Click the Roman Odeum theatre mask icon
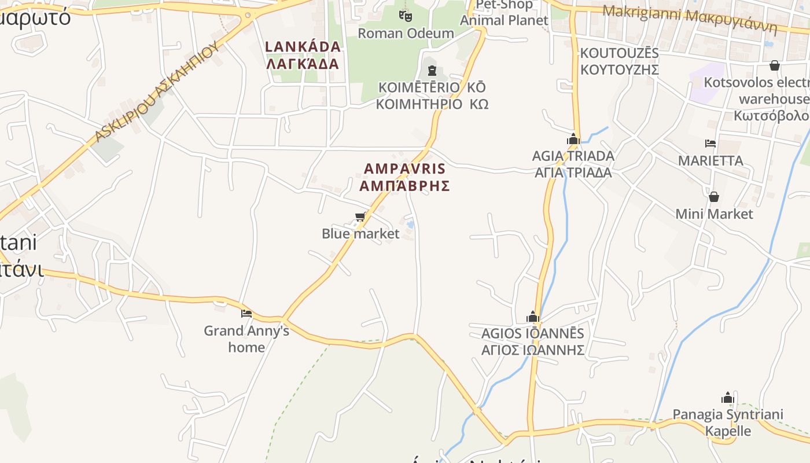click(405, 16)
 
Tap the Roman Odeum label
click(405, 33)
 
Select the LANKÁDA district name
click(303, 55)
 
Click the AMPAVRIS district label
click(404, 177)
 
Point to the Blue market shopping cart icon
click(360, 217)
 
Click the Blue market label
click(360, 234)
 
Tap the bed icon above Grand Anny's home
click(246, 314)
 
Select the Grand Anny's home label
click(246, 339)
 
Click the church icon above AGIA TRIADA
click(573, 139)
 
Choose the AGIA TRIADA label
click(573, 164)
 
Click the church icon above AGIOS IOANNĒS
click(533, 317)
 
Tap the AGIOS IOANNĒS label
click(533, 341)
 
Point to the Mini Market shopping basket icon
click(714, 197)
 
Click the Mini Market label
click(714, 214)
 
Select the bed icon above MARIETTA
click(710, 144)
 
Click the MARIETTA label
click(710, 161)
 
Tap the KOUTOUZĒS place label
click(619, 61)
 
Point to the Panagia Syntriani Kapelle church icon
click(728, 398)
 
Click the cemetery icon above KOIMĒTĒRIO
click(432, 71)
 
